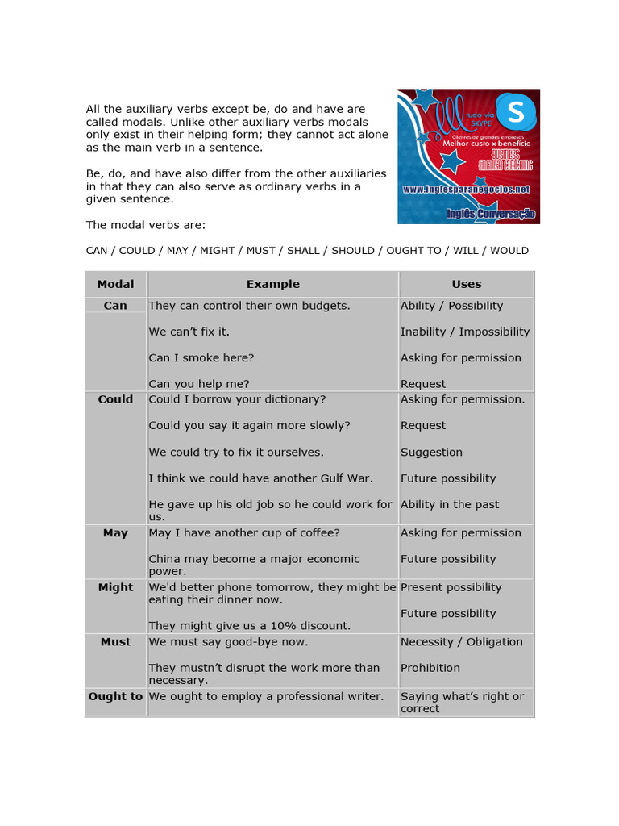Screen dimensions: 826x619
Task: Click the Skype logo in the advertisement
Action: point(515,112)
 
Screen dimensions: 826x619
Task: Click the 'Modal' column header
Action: point(115,284)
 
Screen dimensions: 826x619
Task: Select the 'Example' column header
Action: point(272,284)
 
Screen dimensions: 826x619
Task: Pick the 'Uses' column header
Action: point(466,284)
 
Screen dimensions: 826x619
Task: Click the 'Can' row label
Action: point(115,307)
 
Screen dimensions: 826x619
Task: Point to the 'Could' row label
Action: point(115,400)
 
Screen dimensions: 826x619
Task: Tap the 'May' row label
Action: point(115,533)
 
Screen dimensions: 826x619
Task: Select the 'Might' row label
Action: point(115,588)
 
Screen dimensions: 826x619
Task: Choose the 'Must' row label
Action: point(115,642)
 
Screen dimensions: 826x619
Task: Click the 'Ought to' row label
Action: point(115,696)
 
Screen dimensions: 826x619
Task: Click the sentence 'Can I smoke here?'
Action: point(201,358)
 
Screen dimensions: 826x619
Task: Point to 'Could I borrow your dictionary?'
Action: point(237,400)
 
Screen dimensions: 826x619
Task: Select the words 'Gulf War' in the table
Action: point(347,478)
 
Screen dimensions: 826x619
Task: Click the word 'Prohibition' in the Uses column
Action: point(430,668)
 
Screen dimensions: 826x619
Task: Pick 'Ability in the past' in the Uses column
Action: point(450,505)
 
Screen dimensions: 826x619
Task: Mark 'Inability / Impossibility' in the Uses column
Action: point(465,332)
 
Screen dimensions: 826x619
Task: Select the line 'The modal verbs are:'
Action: point(146,225)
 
